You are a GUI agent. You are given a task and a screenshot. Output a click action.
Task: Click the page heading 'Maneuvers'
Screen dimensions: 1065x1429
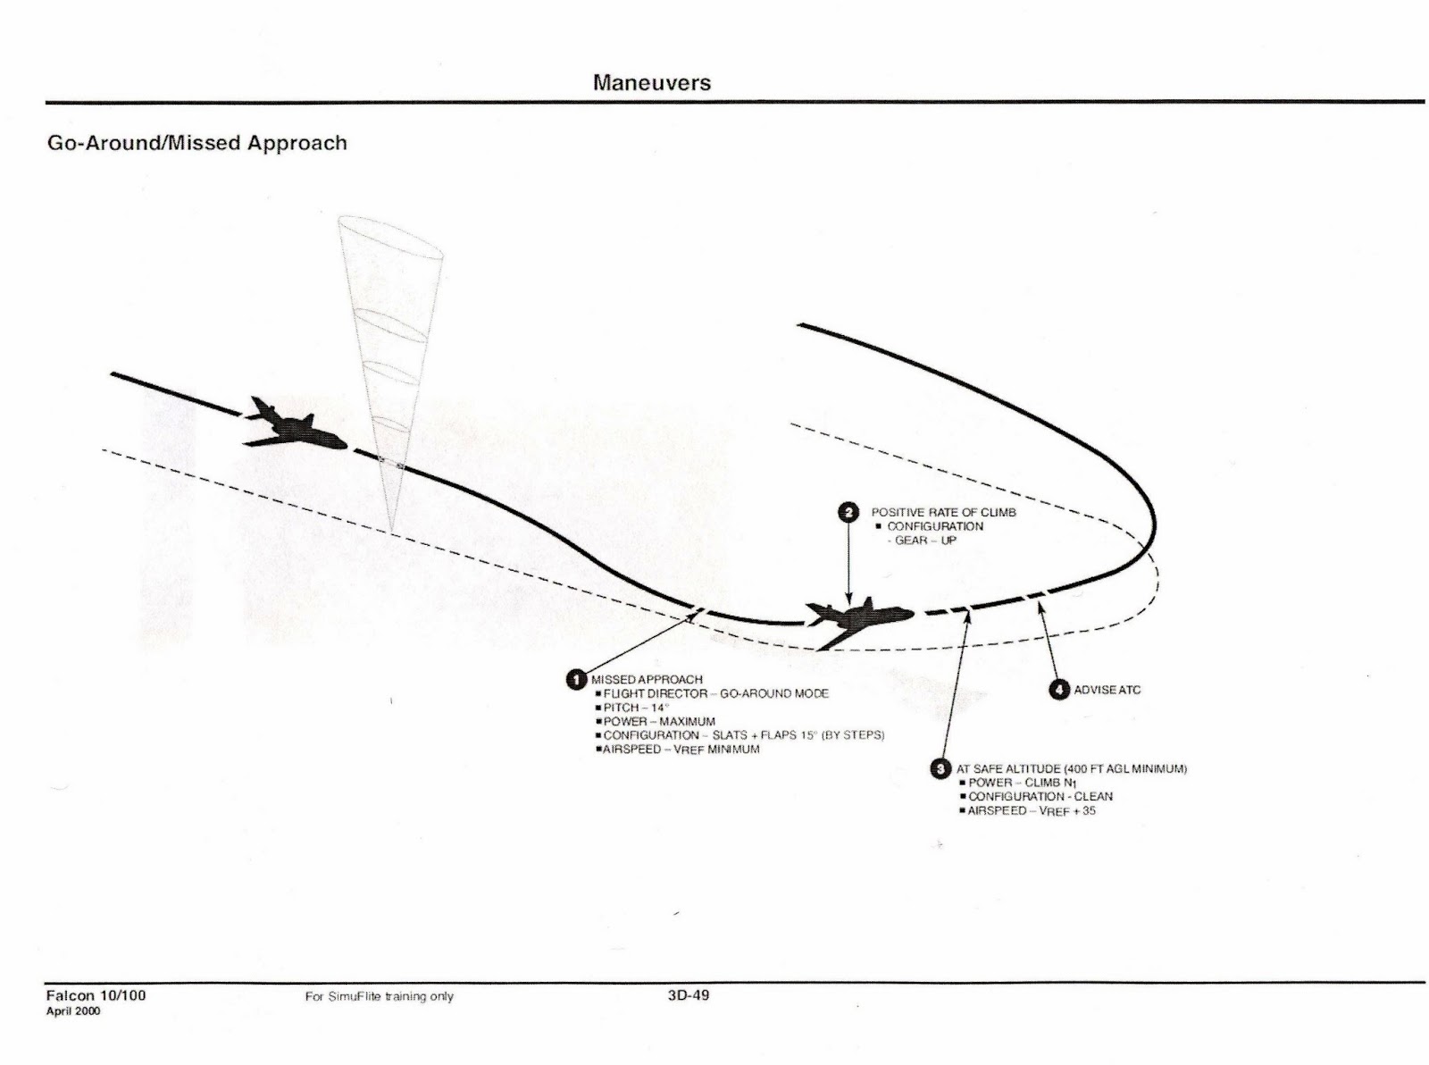pyautogui.click(x=652, y=83)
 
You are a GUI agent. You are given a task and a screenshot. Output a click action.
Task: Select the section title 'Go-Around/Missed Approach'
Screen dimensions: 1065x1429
pyautogui.click(x=196, y=143)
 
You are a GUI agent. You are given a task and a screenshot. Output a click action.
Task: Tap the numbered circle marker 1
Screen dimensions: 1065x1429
pyautogui.click(x=577, y=679)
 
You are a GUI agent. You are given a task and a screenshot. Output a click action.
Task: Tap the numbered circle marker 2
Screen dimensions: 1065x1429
pyautogui.click(x=848, y=512)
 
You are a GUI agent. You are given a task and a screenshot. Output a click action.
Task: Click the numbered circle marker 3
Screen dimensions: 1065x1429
pyautogui.click(x=940, y=768)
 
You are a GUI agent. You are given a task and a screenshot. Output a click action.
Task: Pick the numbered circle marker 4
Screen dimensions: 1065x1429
pyautogui.click(x=1058, y=690)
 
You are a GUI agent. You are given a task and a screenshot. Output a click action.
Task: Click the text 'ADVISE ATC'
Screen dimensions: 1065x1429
pyautogui.click(x=1107, y=690)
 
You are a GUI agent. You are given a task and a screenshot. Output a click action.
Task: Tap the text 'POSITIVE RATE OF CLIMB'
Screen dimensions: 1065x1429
pyautogui.click(x=943, y=512)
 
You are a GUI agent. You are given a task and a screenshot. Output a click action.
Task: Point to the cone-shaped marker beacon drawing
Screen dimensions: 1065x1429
pyautogui.click(x=393, y=357)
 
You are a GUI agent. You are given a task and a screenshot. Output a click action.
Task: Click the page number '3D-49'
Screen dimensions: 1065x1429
pyautogui.click(x=688, y=995)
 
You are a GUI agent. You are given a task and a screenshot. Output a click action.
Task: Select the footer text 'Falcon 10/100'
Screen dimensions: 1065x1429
pyautogui.click(x=96, y=995)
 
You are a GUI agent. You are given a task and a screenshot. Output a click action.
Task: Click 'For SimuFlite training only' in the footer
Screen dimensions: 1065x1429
pyautogui.click(x=379, y=996)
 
